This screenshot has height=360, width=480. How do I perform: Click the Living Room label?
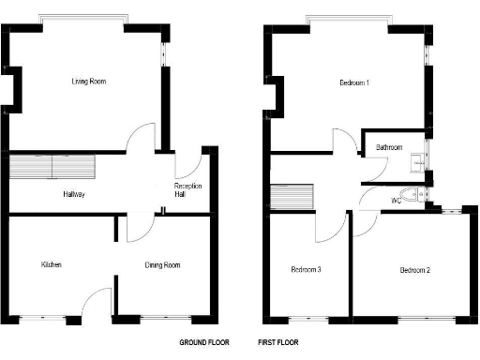(x=89, y=82)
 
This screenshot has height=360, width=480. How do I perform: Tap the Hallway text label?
(x=74, y=194)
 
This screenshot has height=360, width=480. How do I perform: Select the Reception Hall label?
(x=188, y=191)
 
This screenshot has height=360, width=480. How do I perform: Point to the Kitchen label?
(x=51, y=265)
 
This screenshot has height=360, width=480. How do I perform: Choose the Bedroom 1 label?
(x=353, y=83)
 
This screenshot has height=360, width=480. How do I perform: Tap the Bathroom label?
(x=389, y=147)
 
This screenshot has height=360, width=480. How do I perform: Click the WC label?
(x=396, y=201)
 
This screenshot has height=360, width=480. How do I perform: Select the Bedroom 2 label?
(x=415, y=271)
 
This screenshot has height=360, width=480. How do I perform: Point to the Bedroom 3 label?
(x=306, y=270)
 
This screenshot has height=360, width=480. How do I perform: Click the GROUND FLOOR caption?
(x=204, y=343)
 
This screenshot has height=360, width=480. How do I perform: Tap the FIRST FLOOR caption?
(x=280, y=343)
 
